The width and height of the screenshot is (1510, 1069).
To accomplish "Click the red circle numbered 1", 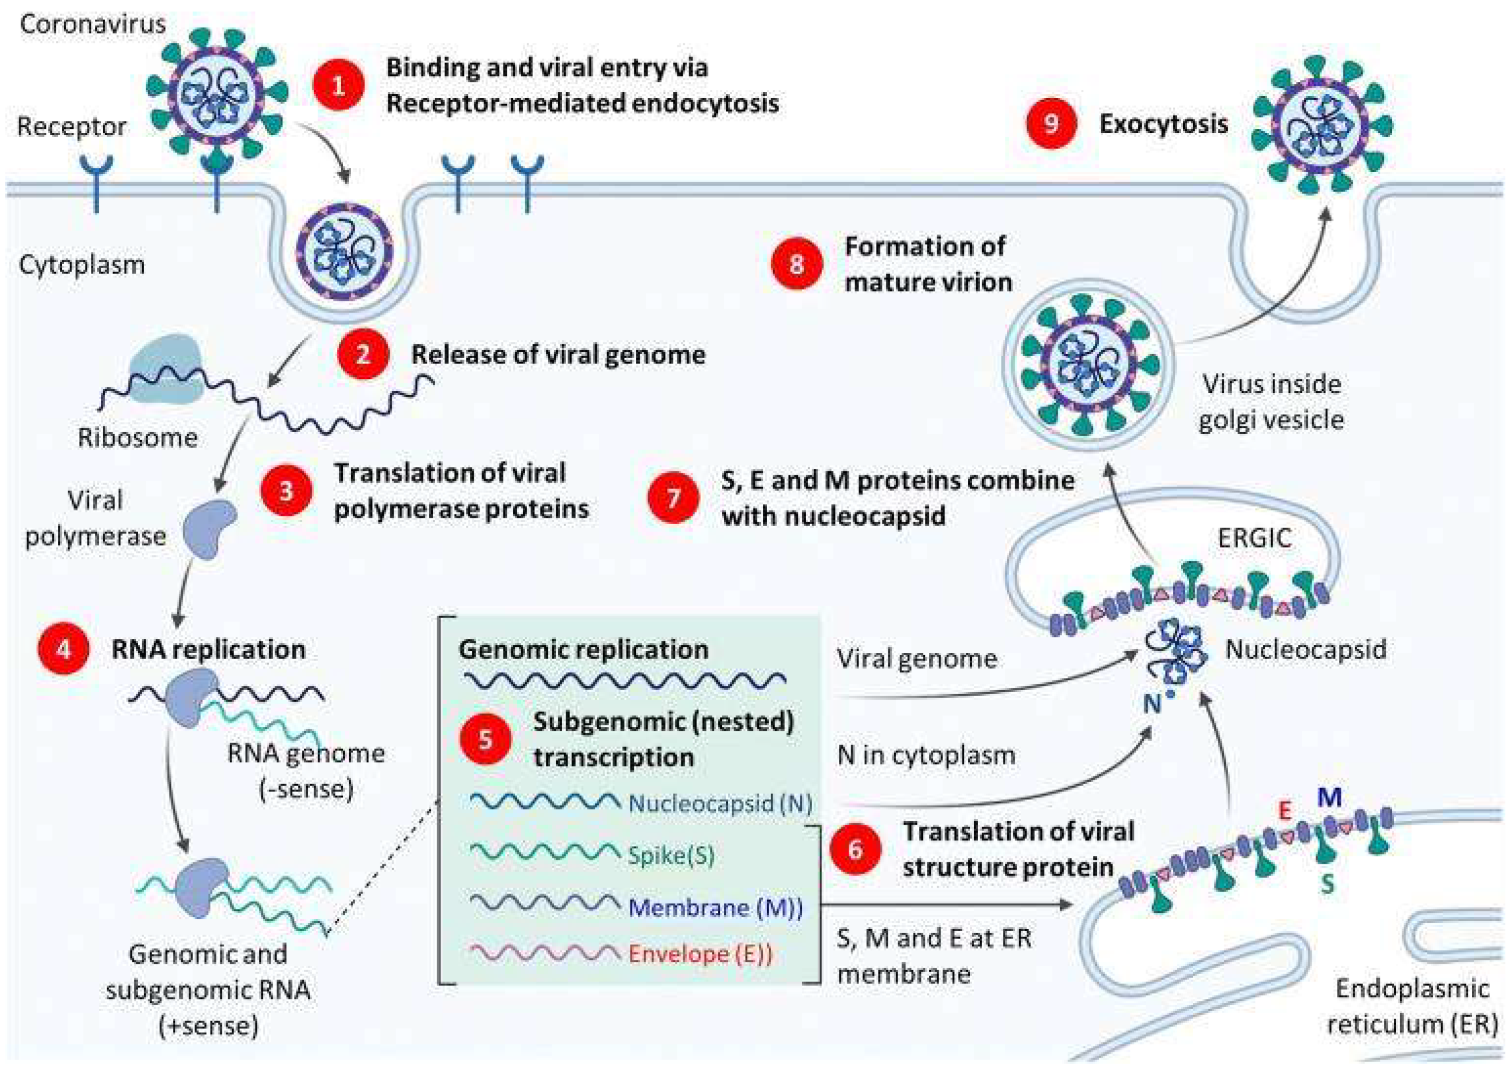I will (x=338, y=85).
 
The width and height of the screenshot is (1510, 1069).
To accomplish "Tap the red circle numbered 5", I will (x=485, y=739).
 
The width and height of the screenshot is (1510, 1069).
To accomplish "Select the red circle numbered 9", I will (x=1051, y=124).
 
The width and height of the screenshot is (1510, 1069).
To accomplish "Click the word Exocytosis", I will (x=1163, y=124).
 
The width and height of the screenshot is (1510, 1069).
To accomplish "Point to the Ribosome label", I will (x=138, y=438).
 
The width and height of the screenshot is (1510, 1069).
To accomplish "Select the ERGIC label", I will (x=1254, y=538).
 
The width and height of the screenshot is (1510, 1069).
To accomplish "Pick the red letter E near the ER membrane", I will (x=1284, y=811).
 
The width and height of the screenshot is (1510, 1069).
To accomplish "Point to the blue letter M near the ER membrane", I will (x=1329, y=798).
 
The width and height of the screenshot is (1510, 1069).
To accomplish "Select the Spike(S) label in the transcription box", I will (x=671, y=856).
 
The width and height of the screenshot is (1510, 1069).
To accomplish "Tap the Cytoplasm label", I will (x=82, y=265).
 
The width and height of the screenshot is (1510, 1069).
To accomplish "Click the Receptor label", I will (x=72, y=126).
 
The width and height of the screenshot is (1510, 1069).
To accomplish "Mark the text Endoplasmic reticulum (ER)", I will (x=1411, y=1007).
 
